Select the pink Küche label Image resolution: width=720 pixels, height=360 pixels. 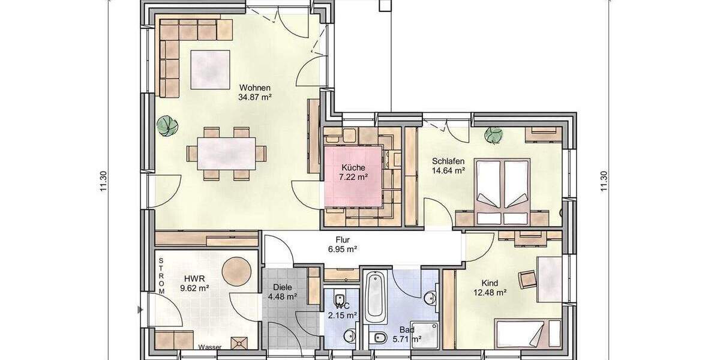point(353,167)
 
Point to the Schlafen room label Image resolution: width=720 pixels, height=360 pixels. point(448,161)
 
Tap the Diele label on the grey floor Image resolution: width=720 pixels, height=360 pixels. point(283,287)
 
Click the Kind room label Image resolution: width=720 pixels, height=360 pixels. point(490,283)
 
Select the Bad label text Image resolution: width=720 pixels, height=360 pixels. point(406,329)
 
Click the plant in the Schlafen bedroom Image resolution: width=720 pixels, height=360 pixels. point(494,135)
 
